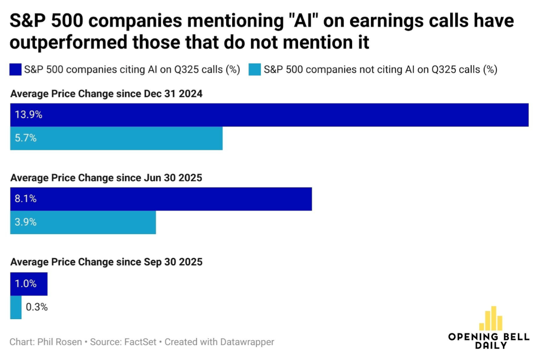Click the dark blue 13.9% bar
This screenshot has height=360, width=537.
pos(270,115)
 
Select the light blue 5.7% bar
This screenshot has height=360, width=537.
pos(116,138)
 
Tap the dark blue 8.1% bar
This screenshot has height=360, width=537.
pos(161,199)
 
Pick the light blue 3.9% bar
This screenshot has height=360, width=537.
pos(83,223)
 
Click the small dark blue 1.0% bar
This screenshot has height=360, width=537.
pos(29,284)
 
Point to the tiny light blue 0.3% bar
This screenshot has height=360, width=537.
pos(16,307)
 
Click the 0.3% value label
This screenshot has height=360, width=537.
pos(37,307)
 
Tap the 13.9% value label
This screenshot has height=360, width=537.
pos(29,115)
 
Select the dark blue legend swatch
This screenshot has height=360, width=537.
pos(16,70)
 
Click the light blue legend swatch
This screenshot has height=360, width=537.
pos(254,70)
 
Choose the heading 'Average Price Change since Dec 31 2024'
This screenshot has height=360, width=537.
pos(106,94)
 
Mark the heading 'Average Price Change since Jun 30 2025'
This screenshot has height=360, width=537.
pos(106,178)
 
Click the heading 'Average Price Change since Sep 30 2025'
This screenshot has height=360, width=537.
pos(106,262)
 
